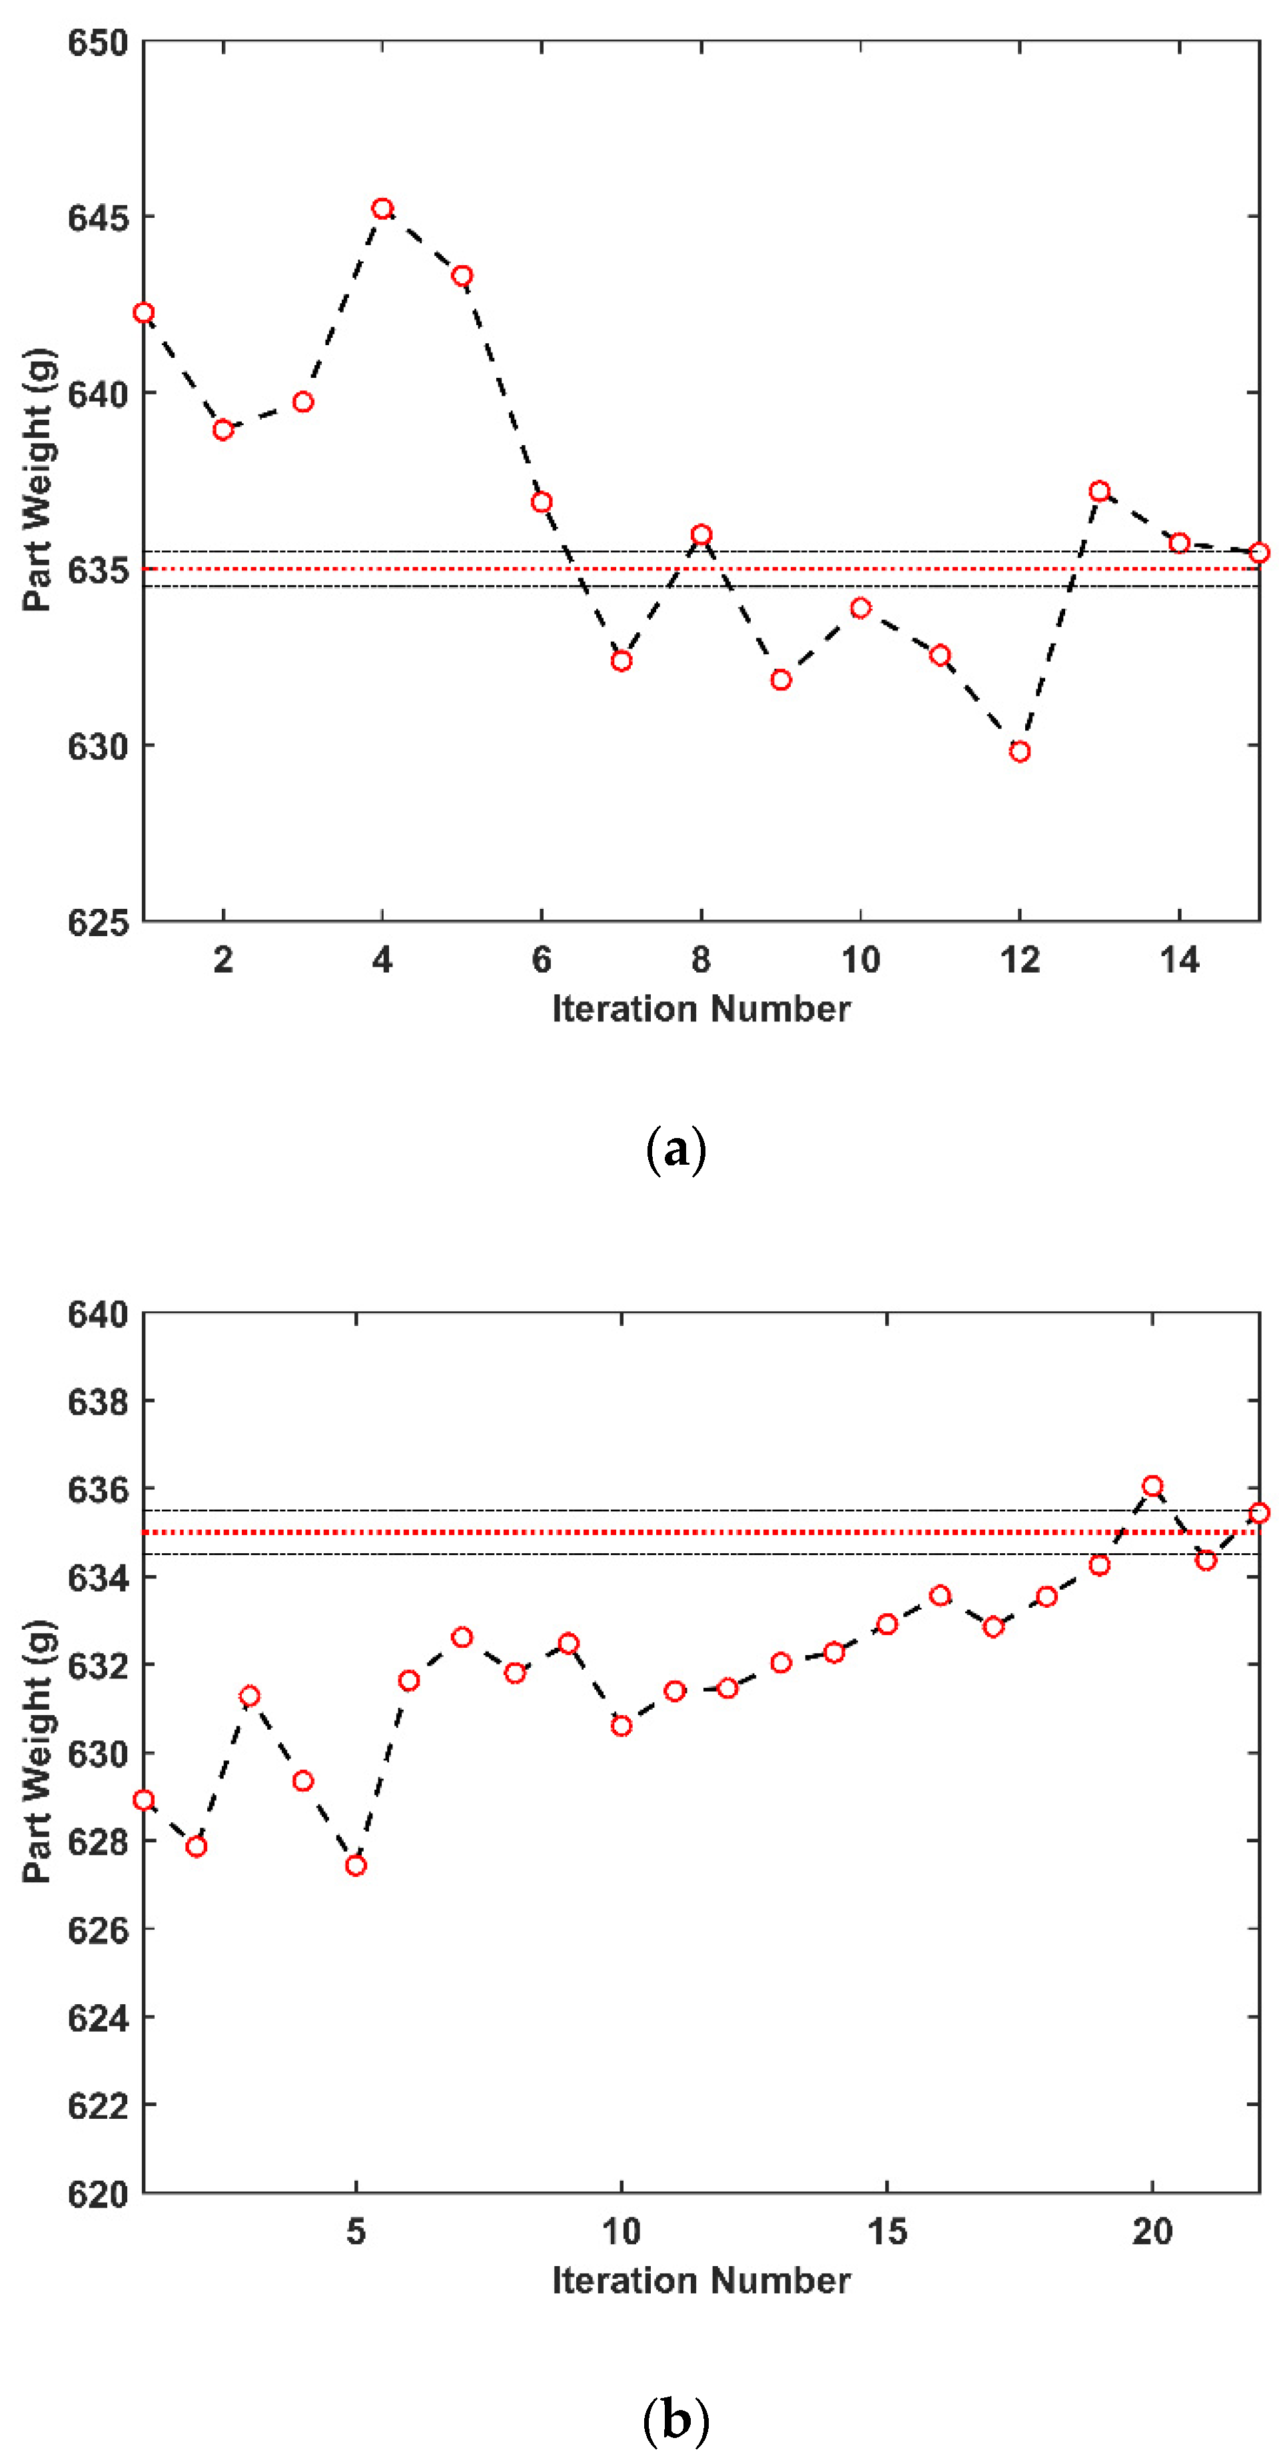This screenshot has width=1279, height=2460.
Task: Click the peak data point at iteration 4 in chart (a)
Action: click(x=383, y=209)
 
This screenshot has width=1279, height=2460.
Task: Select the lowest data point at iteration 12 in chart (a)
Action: click(x=1019, y=752)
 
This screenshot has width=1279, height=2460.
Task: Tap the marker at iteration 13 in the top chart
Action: click(x=1100, y=491)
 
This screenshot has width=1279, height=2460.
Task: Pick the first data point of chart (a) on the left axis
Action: click(x=144, y=313)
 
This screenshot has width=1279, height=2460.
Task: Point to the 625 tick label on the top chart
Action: click(x=97, y=922)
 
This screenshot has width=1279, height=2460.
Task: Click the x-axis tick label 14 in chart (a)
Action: click(x=1180, y=959)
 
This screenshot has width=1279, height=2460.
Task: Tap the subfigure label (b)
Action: click(x=675, y=2421)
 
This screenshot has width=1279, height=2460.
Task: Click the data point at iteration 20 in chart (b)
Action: click(x=1152, y=1486)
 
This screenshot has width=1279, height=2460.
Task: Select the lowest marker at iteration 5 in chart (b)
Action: click(x=356, y=1865)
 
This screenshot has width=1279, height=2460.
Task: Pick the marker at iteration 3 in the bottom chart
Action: click(x=250, y=1696)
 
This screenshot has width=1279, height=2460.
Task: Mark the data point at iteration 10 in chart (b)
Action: click(x=622, y=1726)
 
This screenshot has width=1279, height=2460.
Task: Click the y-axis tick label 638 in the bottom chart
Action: click(x=97, y=1402)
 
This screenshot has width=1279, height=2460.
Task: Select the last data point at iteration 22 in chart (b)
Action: click(x=1259, y=1513)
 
